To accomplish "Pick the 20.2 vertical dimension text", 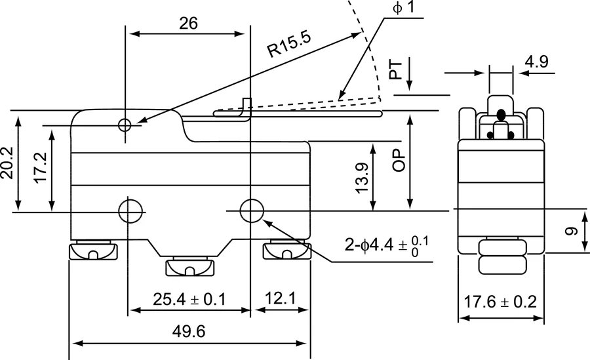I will [x=9, y=162].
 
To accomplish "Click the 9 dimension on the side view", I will [x=572, y=231].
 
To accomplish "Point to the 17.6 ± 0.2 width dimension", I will [x=501, y=302].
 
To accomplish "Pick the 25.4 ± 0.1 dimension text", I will [x=189, y=300].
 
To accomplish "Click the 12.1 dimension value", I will [x=280, y=300].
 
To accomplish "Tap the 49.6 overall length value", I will [x=189, y=332].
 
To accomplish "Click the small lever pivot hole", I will [x=125, y=125].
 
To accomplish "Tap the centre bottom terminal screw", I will [x=189, y=268].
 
